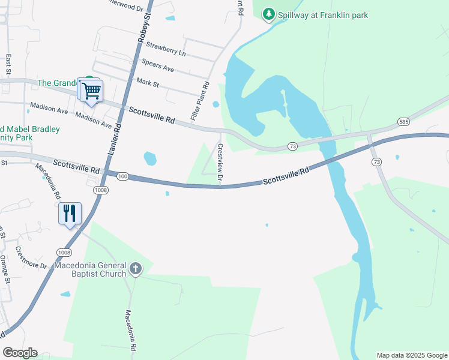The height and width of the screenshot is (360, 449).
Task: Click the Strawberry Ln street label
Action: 166,49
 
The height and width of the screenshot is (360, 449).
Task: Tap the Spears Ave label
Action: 157,65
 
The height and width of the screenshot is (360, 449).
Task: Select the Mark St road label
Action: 147,82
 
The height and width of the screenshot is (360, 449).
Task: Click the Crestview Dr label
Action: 220,163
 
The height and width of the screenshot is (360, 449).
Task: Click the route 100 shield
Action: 122,175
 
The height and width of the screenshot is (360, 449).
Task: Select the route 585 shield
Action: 403,122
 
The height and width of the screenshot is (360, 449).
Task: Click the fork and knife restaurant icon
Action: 70,213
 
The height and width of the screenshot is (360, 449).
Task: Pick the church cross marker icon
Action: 136,268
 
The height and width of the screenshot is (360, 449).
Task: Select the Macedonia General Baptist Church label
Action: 91,269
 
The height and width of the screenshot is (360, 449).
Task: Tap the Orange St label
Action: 5,269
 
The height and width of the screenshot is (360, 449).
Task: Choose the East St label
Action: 8,65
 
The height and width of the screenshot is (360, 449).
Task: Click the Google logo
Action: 20,352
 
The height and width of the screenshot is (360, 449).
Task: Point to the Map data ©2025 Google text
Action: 412,355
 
